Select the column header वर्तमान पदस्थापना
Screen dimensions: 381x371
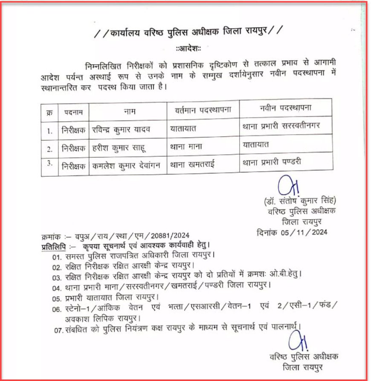203,110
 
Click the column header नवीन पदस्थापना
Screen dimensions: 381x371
285,108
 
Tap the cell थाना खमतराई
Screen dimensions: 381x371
194,164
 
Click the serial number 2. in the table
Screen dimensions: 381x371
49,149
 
